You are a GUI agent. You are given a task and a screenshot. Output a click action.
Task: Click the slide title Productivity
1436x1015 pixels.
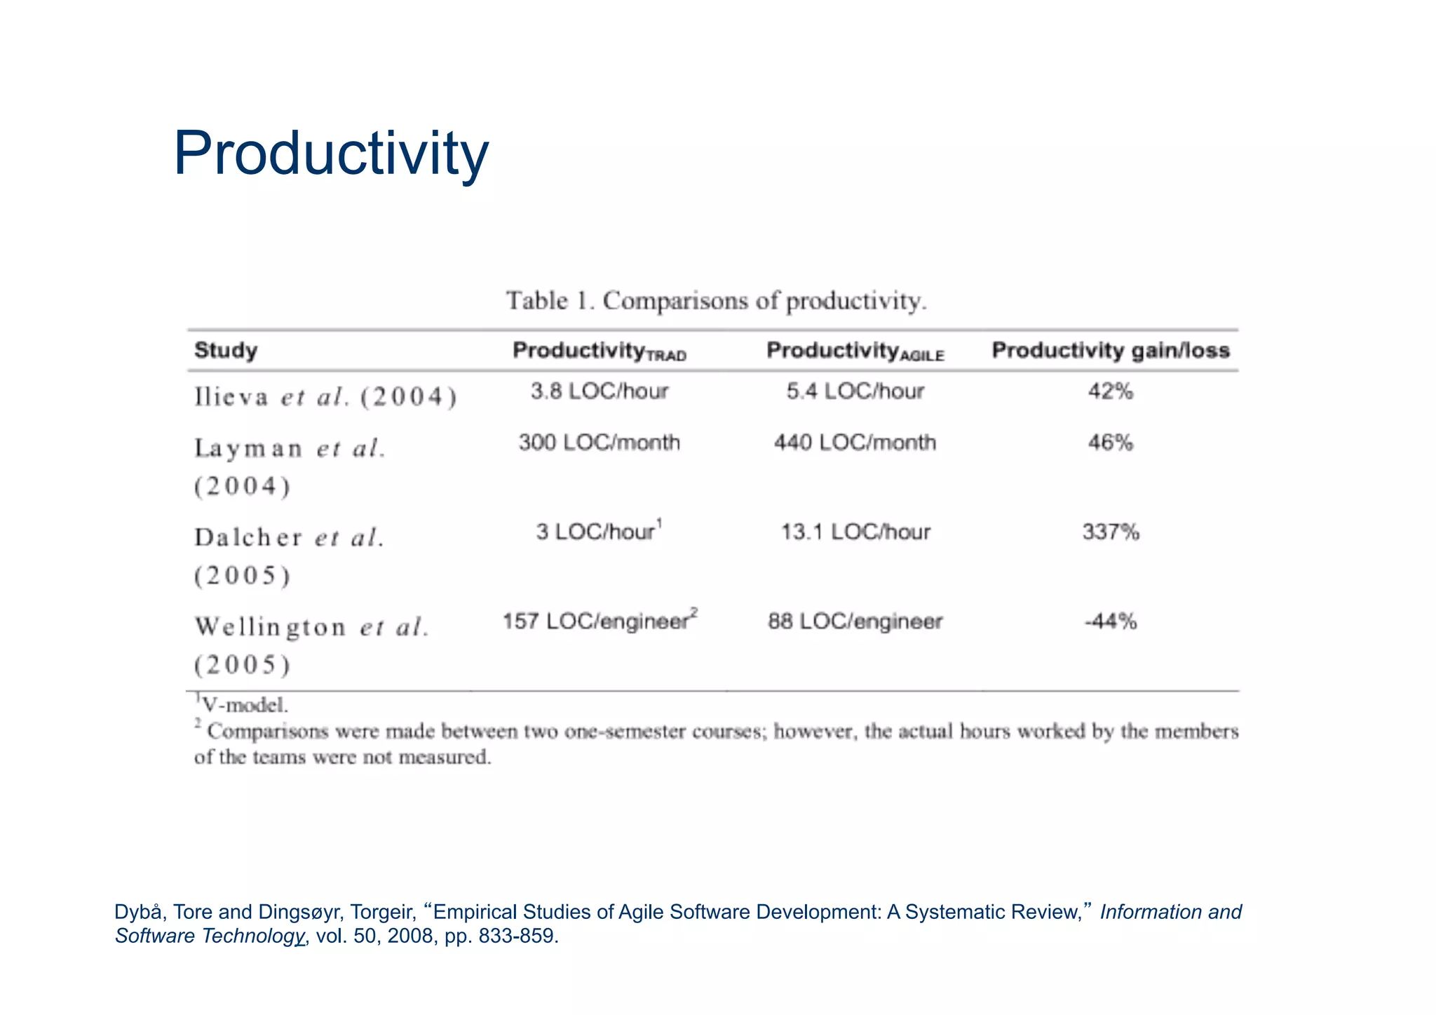(330, 154)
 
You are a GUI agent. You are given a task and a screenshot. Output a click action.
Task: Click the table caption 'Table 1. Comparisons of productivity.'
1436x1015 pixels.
(717, 301)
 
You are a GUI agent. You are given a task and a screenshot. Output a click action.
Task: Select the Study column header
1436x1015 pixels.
(226, 350)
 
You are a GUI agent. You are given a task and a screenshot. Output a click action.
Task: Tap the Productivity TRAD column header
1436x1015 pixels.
(599, 351)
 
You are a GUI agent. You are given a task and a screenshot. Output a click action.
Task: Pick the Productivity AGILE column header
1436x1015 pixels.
(855, 351)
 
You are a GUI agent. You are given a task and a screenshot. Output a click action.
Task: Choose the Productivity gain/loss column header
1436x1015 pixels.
(1111, 350)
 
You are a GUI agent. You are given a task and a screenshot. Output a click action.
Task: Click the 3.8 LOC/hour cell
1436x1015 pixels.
(600, 391)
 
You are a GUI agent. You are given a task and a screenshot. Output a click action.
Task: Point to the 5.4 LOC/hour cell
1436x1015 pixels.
(855, 391)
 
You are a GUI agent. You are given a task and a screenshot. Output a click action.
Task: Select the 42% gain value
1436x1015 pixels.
(1111, 391)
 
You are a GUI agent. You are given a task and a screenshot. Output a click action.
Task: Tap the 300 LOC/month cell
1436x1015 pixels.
(600, 443)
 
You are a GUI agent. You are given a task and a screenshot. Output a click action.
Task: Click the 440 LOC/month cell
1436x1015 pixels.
(855, 443)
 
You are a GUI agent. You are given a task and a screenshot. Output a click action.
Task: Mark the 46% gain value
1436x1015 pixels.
(1111, 443)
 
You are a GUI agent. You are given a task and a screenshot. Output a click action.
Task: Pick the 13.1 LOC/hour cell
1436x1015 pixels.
(855, 532)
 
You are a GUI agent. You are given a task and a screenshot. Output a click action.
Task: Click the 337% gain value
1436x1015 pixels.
(1111, 532)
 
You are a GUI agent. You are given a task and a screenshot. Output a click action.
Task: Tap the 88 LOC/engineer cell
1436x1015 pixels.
(855, 621)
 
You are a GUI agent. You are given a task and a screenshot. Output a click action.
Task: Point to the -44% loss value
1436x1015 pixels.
(1111, 621)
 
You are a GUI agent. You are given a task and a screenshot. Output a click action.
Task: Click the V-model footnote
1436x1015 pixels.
(243, 705)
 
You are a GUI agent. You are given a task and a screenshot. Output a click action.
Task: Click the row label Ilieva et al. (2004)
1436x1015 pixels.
(326, 398)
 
